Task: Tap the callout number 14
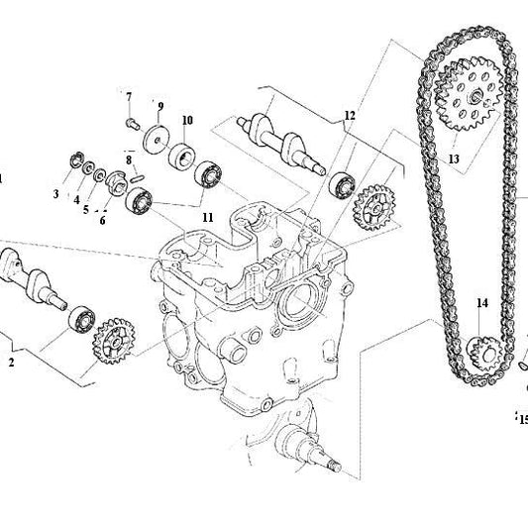[x=482, y=303]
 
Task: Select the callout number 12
[x=349, y=116]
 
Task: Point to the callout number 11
[x=207, y=216]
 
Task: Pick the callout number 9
[x=159, y=106]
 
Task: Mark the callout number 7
[x=129, y=96]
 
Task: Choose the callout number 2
[x=11, y=364]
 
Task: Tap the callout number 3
[x=55, y=194]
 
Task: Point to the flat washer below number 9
[x=155, y=136]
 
